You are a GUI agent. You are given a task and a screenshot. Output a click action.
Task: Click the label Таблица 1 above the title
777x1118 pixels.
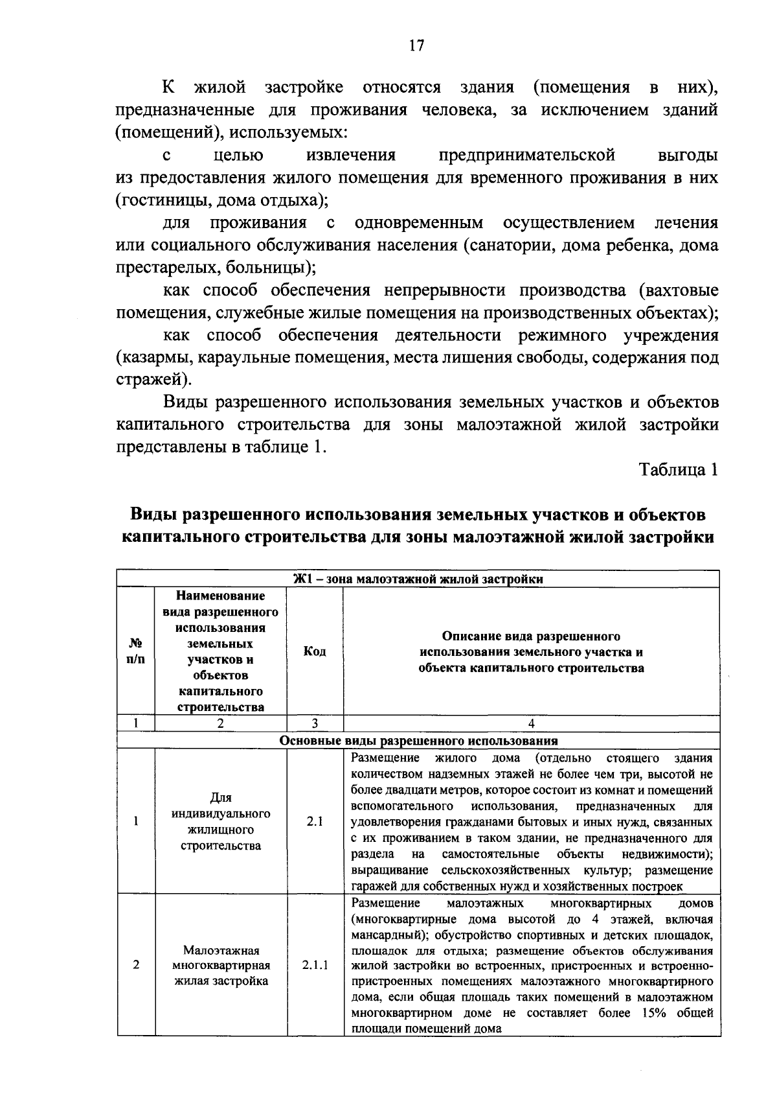point(679,470)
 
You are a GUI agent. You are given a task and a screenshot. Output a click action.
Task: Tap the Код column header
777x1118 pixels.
point(315,651)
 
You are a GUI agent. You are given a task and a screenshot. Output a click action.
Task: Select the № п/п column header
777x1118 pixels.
point(136,651)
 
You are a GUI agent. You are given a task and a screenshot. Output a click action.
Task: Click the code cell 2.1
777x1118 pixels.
point(315,821)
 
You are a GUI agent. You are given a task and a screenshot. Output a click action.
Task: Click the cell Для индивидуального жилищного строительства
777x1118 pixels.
point(221,821)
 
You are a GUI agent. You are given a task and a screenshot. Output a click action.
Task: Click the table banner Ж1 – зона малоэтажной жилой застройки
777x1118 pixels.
point(418,579)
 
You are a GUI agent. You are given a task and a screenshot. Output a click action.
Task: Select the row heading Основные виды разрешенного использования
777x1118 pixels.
point(418,740)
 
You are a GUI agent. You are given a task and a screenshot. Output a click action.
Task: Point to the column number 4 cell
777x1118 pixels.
point(531,724)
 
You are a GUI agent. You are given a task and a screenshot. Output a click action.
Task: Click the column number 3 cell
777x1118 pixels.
point(315,724)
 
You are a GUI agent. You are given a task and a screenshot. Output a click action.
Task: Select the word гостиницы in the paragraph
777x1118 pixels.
point(155,200)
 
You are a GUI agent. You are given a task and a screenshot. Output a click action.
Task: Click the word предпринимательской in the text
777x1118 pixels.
point(526,156)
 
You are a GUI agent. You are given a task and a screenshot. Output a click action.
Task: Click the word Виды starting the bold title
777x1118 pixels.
point(153,515)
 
